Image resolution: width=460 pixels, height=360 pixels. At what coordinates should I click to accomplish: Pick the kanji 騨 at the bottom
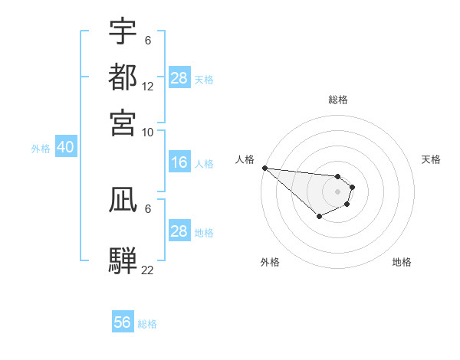pos(123,260)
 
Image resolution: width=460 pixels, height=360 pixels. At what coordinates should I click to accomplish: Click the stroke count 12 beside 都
pos(148,87)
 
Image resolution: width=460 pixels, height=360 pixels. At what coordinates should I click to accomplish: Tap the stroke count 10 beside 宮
pos(148,132)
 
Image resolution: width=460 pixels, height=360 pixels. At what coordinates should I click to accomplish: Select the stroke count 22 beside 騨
pos(148,269)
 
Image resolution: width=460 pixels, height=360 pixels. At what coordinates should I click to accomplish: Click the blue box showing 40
pos(65,148)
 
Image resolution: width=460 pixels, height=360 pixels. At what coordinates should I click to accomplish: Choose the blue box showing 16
pos(179,162)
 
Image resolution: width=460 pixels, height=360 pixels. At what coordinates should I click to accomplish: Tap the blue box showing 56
pos(122,322)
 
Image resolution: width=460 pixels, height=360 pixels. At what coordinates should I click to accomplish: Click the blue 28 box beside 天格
pos(179,78)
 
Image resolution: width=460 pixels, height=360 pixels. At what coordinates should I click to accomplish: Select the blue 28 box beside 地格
pos(179,231)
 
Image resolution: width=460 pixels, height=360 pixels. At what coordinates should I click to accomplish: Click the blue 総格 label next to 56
pos(147,324)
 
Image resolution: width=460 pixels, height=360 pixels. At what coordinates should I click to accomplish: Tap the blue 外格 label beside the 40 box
pos(41,149)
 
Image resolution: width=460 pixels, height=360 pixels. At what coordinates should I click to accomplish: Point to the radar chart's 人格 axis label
pos(245,159)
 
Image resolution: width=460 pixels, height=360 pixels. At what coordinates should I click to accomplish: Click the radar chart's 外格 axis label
pos(270,262)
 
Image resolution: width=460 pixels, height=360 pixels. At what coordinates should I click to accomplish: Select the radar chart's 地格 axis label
pos(402,262)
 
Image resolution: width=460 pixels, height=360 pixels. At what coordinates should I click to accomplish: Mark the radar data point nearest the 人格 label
pos(264,168)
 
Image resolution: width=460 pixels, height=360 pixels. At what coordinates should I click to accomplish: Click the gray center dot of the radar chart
pos(337,191)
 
